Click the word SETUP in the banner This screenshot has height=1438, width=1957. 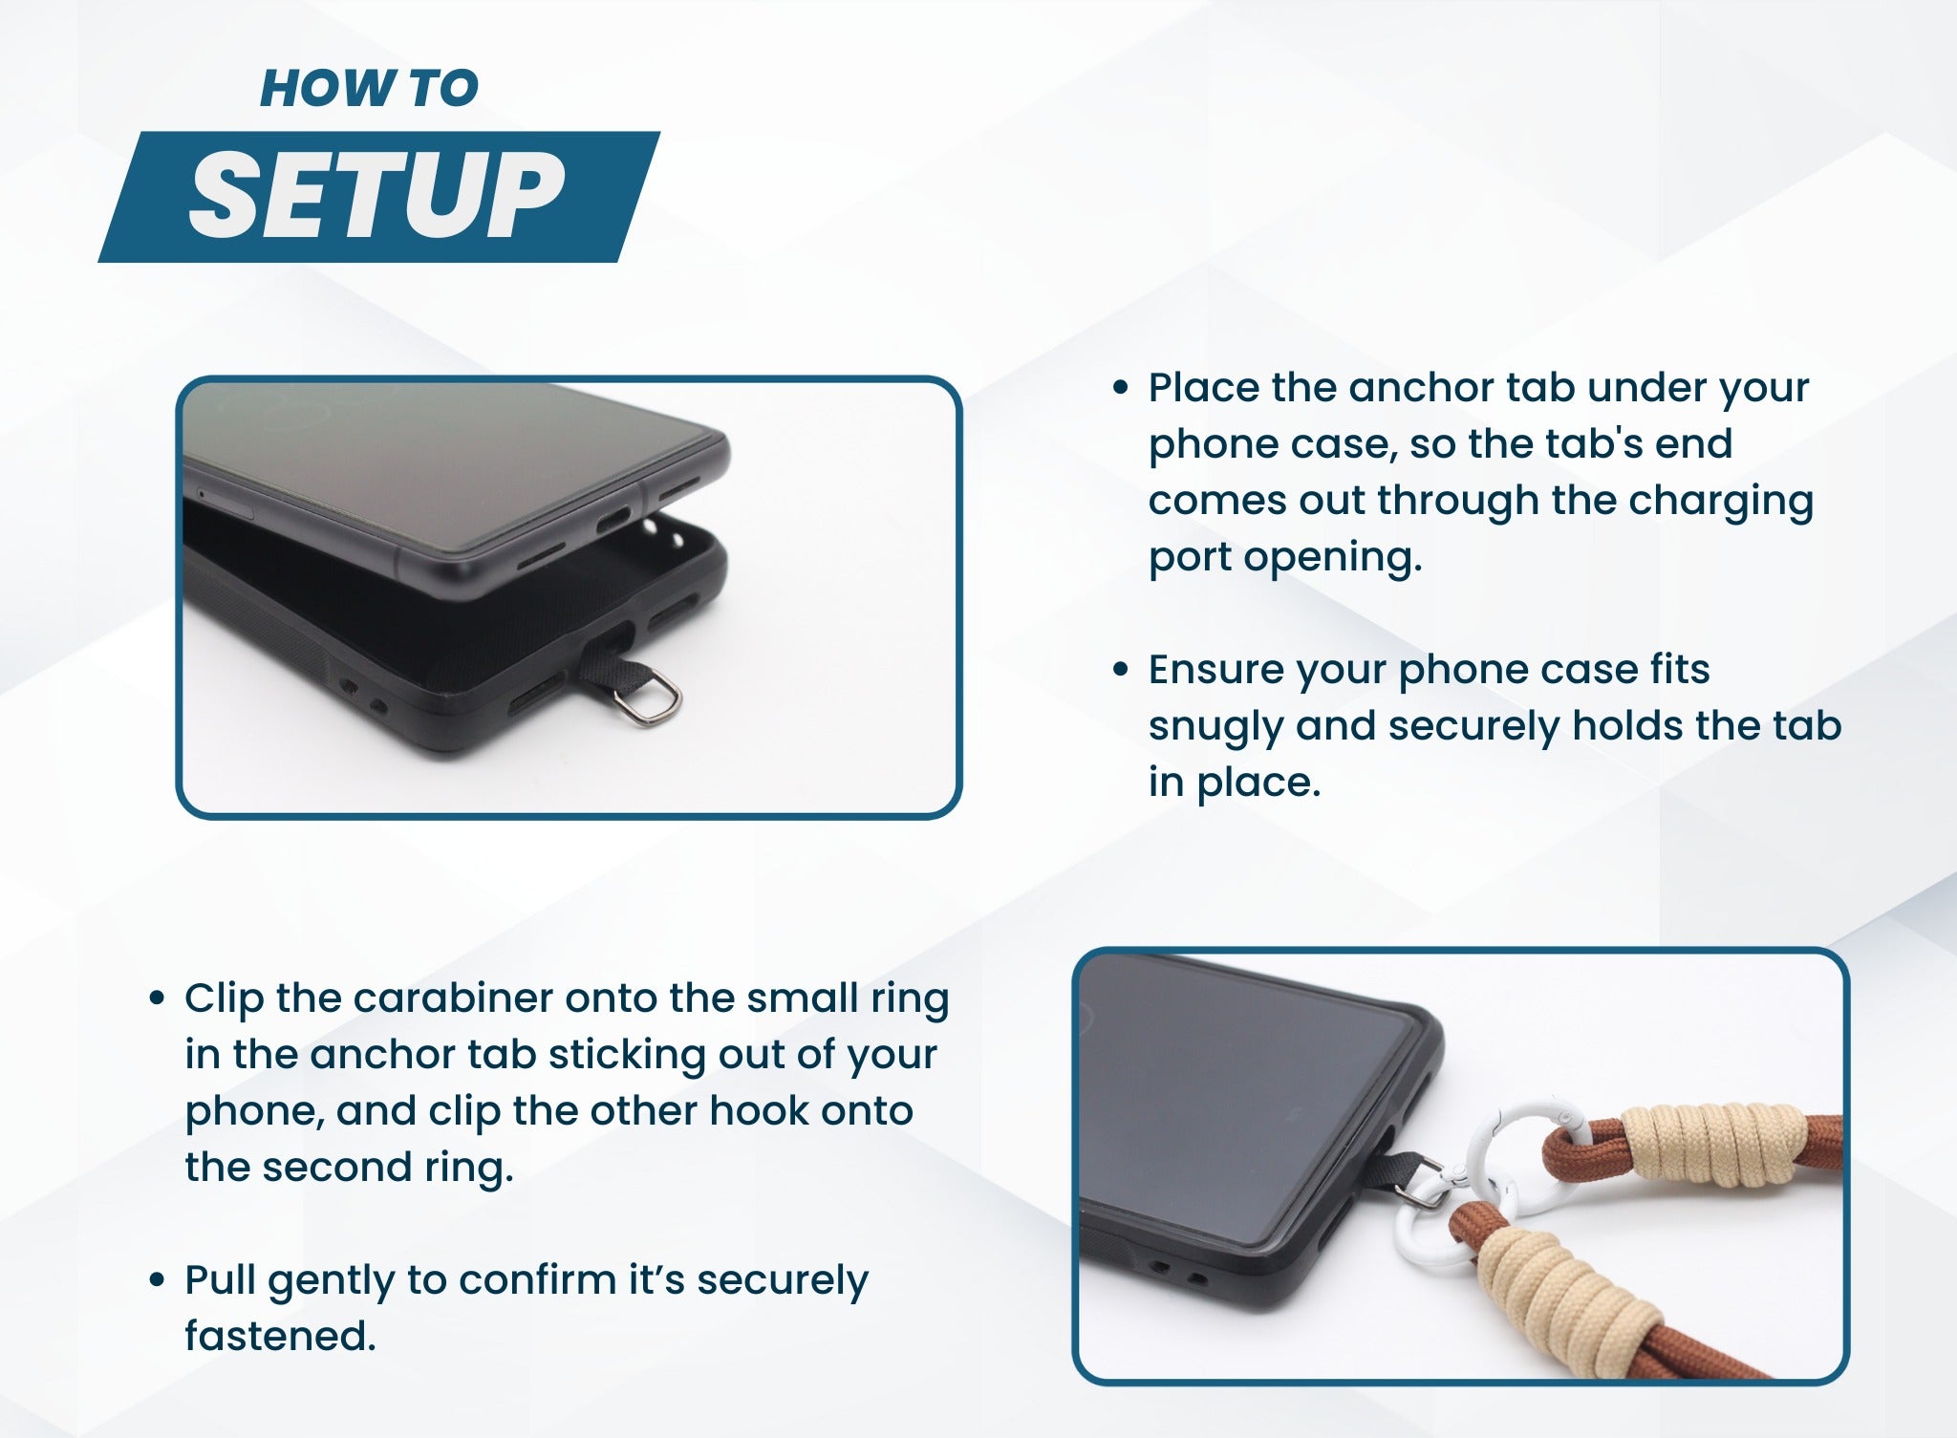376,196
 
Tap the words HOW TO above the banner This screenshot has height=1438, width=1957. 369,89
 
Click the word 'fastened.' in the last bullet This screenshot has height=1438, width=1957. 280,1336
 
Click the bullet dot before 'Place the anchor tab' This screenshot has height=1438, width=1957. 1122,388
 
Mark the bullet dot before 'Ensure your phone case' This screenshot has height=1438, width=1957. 1122,670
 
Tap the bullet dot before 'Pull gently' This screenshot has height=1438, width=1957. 158,1280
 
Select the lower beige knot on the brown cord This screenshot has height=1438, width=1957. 1558,1285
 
